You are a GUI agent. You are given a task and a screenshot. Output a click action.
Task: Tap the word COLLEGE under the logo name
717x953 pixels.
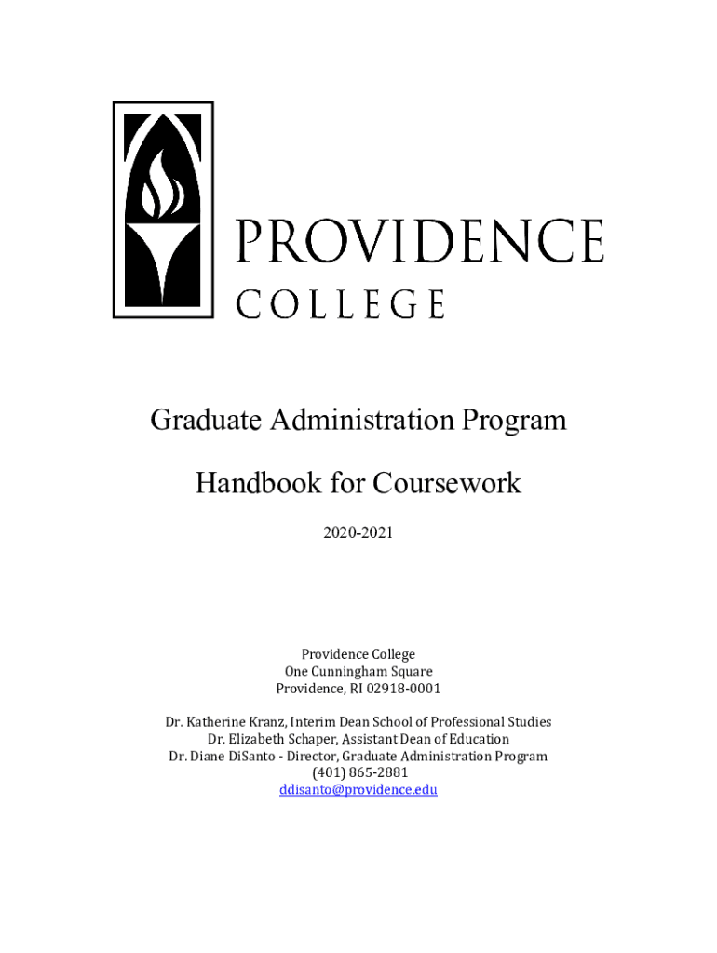(341, 303)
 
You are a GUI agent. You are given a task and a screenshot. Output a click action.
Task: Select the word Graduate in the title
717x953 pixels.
(205, 421)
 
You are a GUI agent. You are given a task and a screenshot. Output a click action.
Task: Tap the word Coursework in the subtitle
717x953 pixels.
(447, 483)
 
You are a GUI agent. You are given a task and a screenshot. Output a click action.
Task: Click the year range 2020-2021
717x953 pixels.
(358, 533)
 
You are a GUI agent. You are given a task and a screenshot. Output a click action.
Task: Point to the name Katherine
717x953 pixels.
(218, 721)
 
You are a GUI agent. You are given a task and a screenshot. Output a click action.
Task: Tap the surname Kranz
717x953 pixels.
(271, 721)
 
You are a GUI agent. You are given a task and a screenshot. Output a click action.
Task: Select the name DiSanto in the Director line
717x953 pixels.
(252, 756)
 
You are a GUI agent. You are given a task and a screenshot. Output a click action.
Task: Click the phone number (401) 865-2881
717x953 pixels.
(358, 772)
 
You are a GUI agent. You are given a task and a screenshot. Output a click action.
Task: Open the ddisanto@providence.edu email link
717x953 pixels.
(358, 789)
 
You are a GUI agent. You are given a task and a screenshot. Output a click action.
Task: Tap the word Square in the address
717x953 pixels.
(412, 671)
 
